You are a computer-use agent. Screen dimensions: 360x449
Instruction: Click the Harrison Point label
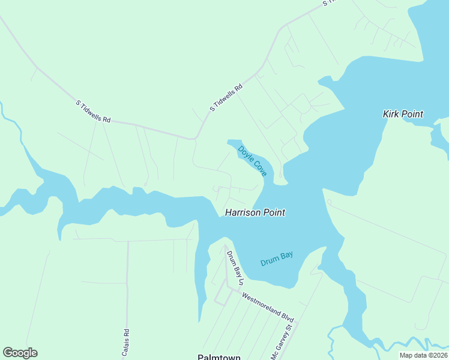click(255, 212)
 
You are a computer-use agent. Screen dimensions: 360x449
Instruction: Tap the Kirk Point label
click(403, 114)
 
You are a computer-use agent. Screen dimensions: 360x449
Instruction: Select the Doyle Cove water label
click(252, 160)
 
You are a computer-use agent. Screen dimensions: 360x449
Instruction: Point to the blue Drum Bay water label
click(277, 259)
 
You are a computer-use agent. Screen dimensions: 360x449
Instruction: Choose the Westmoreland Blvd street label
click(267, 307)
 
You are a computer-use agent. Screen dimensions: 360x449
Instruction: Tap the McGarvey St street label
click(283, 340)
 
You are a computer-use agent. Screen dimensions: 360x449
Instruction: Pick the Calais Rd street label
click(126, 343)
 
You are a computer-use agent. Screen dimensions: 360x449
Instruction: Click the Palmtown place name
click(219, 357)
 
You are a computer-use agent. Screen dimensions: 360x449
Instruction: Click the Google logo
click(20, 353)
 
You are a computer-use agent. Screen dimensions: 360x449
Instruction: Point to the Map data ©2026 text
click(423, 355)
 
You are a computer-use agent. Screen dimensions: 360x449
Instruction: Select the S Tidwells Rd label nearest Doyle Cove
click(226, 97)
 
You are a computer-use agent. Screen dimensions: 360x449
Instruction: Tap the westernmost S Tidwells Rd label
click(93, 112)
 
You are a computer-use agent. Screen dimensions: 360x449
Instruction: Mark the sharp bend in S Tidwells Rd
click(194, 139)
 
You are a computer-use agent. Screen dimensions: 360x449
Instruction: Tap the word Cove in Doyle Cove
click(259, 167)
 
